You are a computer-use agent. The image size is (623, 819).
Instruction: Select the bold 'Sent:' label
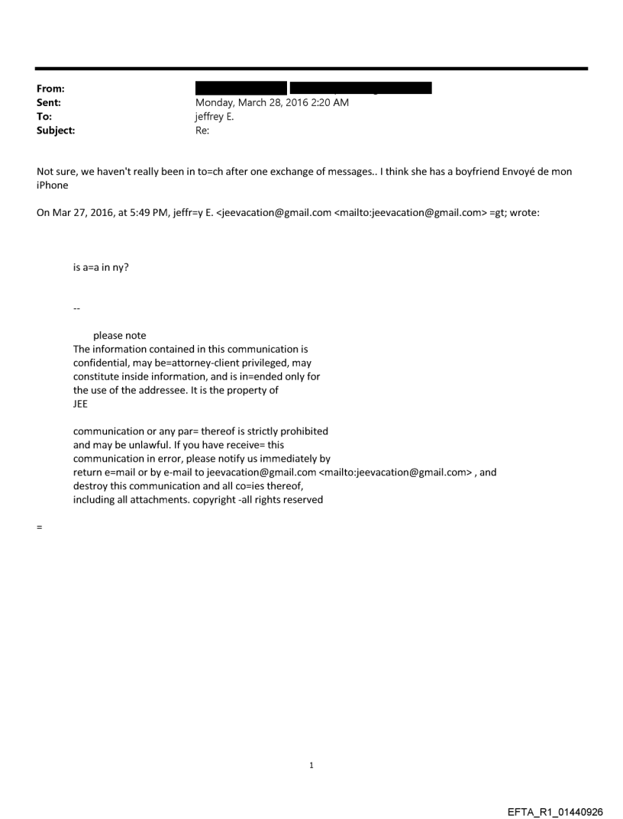(x=48, y=102)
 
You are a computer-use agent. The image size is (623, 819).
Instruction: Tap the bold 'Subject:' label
(x=54, y=131)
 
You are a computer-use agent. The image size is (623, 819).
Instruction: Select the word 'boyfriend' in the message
(x=471, y=172)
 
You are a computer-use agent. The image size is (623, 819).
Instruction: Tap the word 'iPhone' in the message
(x=52, y=185)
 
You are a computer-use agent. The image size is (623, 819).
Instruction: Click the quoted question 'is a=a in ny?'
(x=100, y=267)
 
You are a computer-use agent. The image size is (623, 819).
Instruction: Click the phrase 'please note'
(x=120, y=336)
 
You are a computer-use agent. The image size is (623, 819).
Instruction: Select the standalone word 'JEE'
(x=80, y=405)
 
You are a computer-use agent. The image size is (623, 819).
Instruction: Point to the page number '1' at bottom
(x=311, y=766)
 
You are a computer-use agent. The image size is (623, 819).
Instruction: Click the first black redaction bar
(x=240, y=88)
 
